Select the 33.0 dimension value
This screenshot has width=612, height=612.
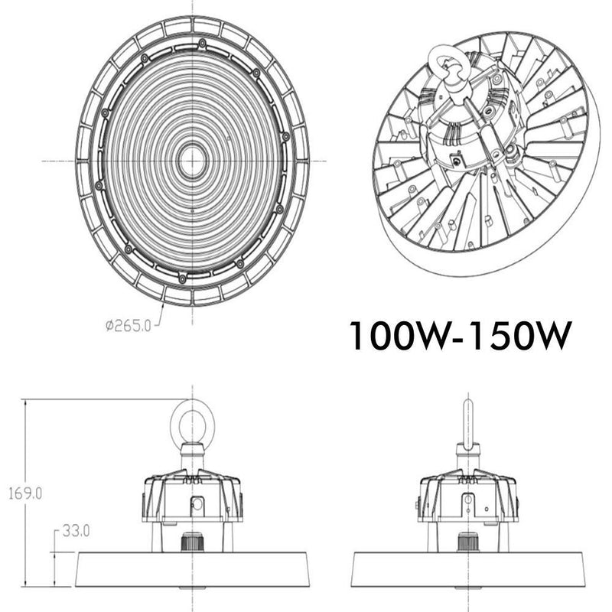tap(77, 529)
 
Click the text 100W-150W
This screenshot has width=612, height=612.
tap(459, 336)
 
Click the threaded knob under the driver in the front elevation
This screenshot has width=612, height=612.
tap(192, 540)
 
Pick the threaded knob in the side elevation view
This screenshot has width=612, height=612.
tap(467, 540)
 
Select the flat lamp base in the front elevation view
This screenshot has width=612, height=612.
tap(192, 568)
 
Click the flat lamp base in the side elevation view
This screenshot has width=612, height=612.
tap(467, 568)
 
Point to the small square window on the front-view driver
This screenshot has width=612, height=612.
tap(198, 504)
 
